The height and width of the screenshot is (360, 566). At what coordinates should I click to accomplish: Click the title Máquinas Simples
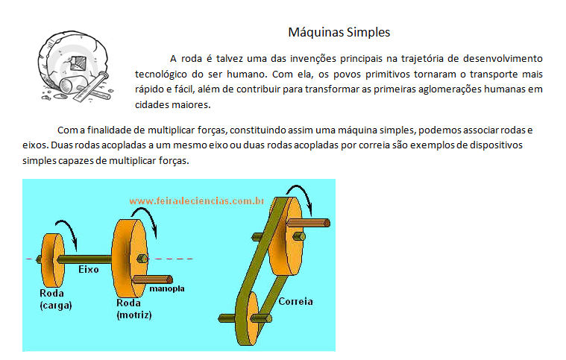click(x=339, y=33)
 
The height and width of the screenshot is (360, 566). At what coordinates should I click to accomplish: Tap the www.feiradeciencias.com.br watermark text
click(x=197, y=200)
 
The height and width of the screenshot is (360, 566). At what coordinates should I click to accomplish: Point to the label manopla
click(x=167, y=288)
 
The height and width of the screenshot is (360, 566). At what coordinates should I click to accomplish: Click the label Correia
click(x=295, y=302)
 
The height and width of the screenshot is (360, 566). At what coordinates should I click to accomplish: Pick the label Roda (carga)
click(x=55, y=299)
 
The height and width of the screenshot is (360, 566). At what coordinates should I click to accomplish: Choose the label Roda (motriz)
click(x=134, y=309)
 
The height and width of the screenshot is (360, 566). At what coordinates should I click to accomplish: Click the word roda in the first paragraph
click(x=193, y=58)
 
